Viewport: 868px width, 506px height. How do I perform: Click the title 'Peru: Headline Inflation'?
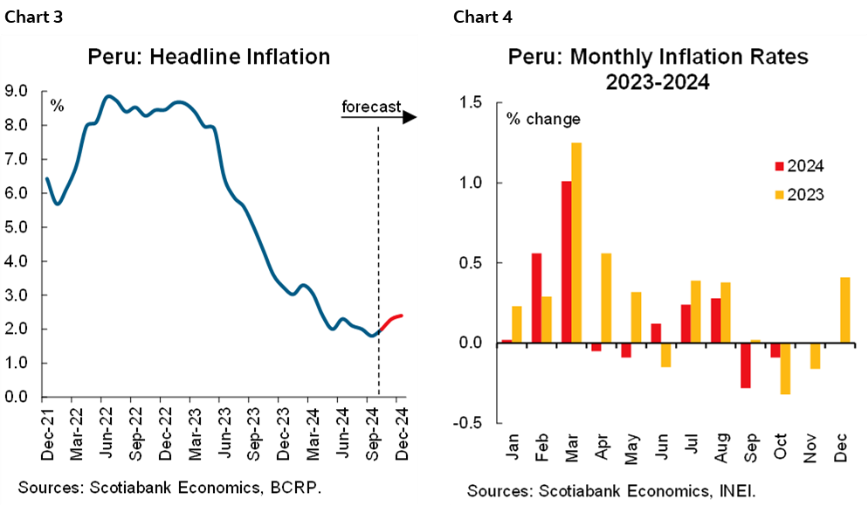[209, 58]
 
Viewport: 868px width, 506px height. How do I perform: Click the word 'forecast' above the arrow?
[370, 107]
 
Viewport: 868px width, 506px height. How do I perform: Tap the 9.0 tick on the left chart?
[17, 91]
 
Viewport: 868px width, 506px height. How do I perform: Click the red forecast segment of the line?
[390, 321]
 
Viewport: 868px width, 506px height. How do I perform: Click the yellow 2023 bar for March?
[576, 242]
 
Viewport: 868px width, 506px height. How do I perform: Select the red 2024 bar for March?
[566, 261]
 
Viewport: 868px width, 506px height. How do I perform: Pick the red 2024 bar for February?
[536, 297]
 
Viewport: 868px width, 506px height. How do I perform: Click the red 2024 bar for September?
[744, 364]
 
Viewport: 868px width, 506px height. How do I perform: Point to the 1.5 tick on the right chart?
[469, 103]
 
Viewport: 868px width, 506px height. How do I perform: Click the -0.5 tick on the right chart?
[467, 423]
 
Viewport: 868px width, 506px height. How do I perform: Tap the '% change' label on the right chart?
[543, 119]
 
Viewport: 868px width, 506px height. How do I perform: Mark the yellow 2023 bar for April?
[606, 297]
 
